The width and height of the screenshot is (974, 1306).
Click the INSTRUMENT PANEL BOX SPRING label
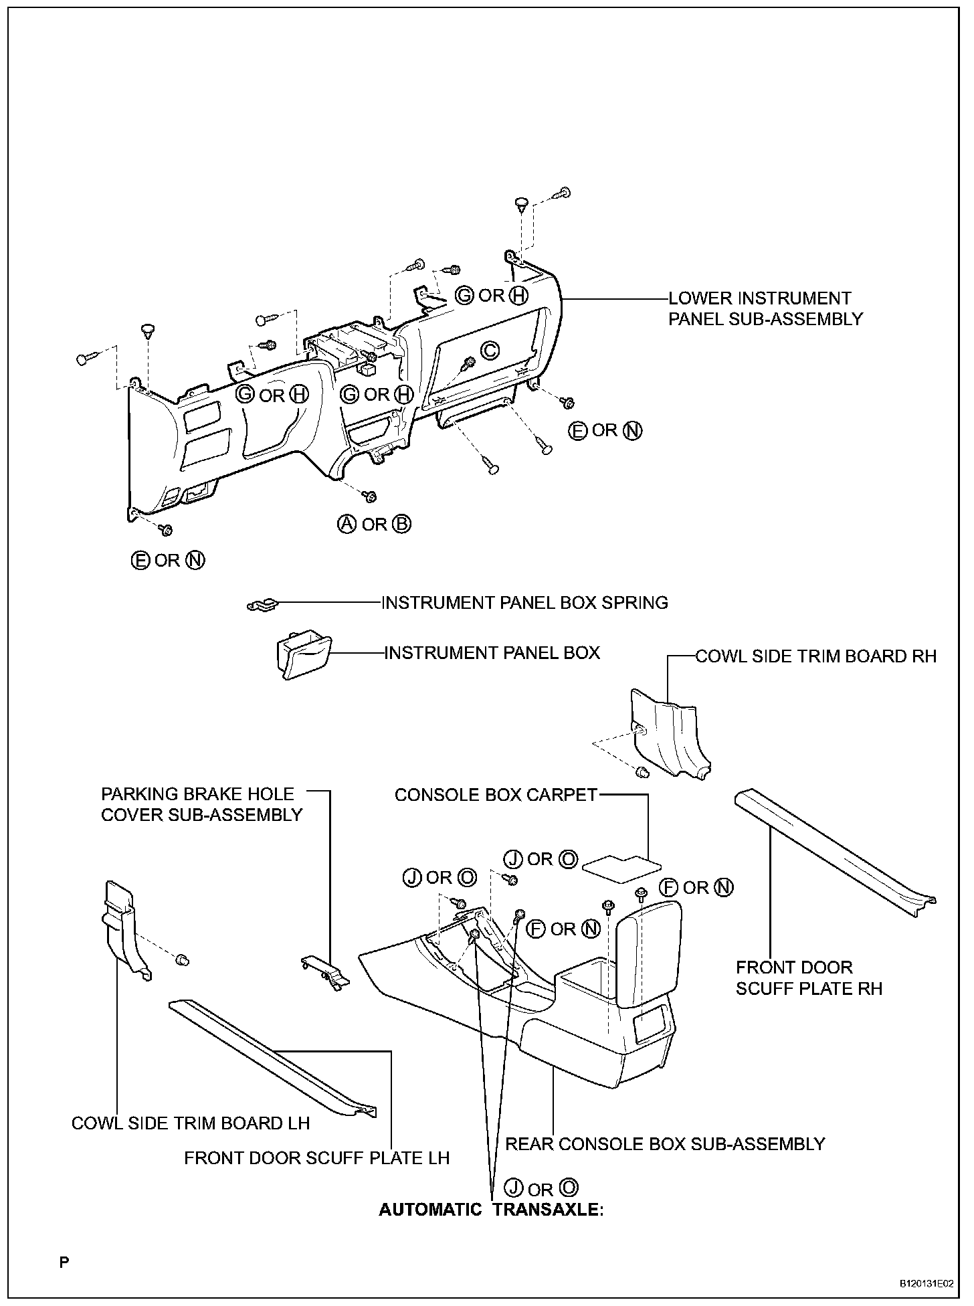pyautogui.click(x=524, y=603)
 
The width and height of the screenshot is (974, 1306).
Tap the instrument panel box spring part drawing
pyautogui.click(x=262, y=605)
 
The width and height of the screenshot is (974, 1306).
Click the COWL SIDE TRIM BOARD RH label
pyautogui.click(x=816, y=656)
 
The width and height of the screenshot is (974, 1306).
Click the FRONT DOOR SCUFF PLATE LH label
pyautogui.click(x=317, y=1157)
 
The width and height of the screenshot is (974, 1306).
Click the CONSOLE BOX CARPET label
pyautogui.click(x=496, y=795)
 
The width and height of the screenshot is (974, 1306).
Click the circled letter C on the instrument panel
pyautogui.click(x=490, y=350)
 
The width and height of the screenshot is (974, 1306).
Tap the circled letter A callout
pyautogui.click(x=346, y=525)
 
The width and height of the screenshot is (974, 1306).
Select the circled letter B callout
pyautogui.click(x=401, y=525)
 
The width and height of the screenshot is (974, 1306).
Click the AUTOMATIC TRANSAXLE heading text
pyautogui.click(x=492, y=1210)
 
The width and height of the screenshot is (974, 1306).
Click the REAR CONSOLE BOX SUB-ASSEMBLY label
pyautogui.click(x=665, y=1144)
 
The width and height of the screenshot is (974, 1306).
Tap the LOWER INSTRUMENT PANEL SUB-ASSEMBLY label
pyautogui.click(x=765, y=308)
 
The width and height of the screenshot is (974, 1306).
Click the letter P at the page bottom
pyautogui.click(x=64, y=1263)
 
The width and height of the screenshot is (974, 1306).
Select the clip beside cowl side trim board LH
pyautogui.click(x=181, y=961)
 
